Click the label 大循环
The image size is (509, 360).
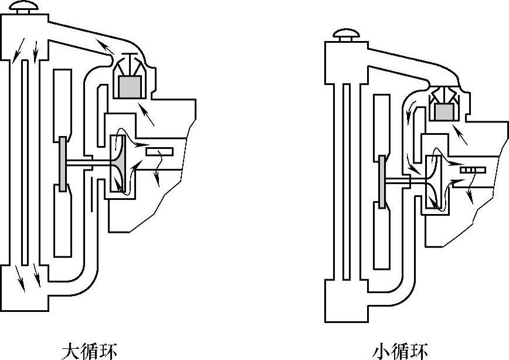tap(89, 351)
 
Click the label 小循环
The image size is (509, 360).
tap(401, 351)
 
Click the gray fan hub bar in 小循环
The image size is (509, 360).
tap(382, 182)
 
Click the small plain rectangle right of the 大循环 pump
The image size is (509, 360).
tap(160, 152)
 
